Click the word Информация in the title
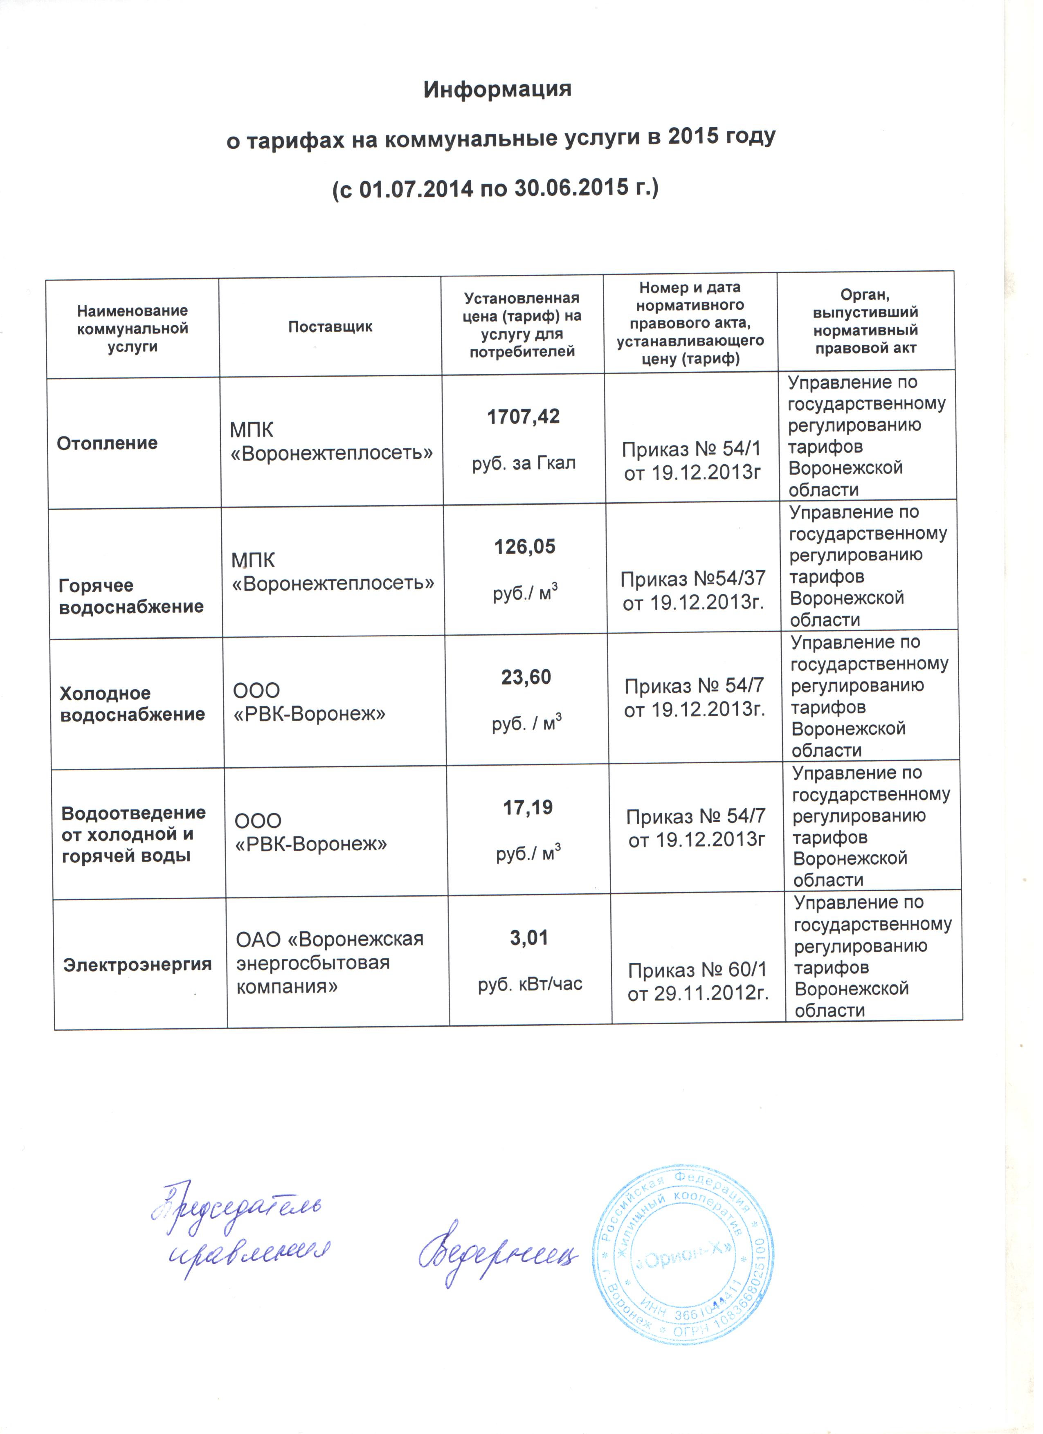coord(497,89)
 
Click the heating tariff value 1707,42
coord(524,417)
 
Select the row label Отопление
coord(108,443)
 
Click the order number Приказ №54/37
coord(693,579)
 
